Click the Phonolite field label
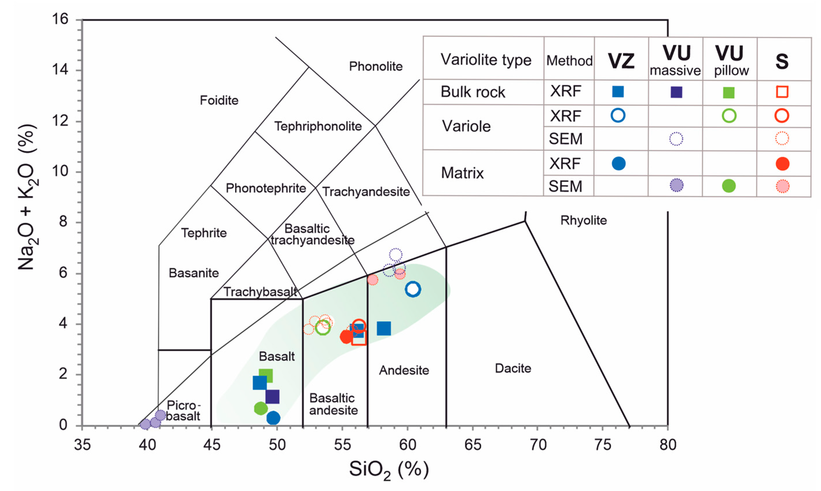(x=376, y=67)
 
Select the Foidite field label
(x=219, y=100)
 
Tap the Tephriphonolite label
(x=318, y=126)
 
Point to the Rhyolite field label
(x=583, y=220)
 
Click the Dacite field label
(x=513, y=368)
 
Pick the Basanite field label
(x=194, y=273)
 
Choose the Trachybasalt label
(x=260, y=292)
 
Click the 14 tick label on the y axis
(x=60, y=70)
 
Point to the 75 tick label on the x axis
(x=603, y=445)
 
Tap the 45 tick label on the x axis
(x=212, y=445)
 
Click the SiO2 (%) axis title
(x=389, y=470)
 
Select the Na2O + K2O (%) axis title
(x=27, y=197)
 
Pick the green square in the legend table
(x=729, y=93)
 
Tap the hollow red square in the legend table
(x=782, y=92)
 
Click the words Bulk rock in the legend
(x=473, y=92)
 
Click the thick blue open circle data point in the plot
(x=413, y=289)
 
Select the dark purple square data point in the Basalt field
(x=272, y=397)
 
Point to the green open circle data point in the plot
(x=323, y=328)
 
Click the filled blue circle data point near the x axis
(x=273, y=418)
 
